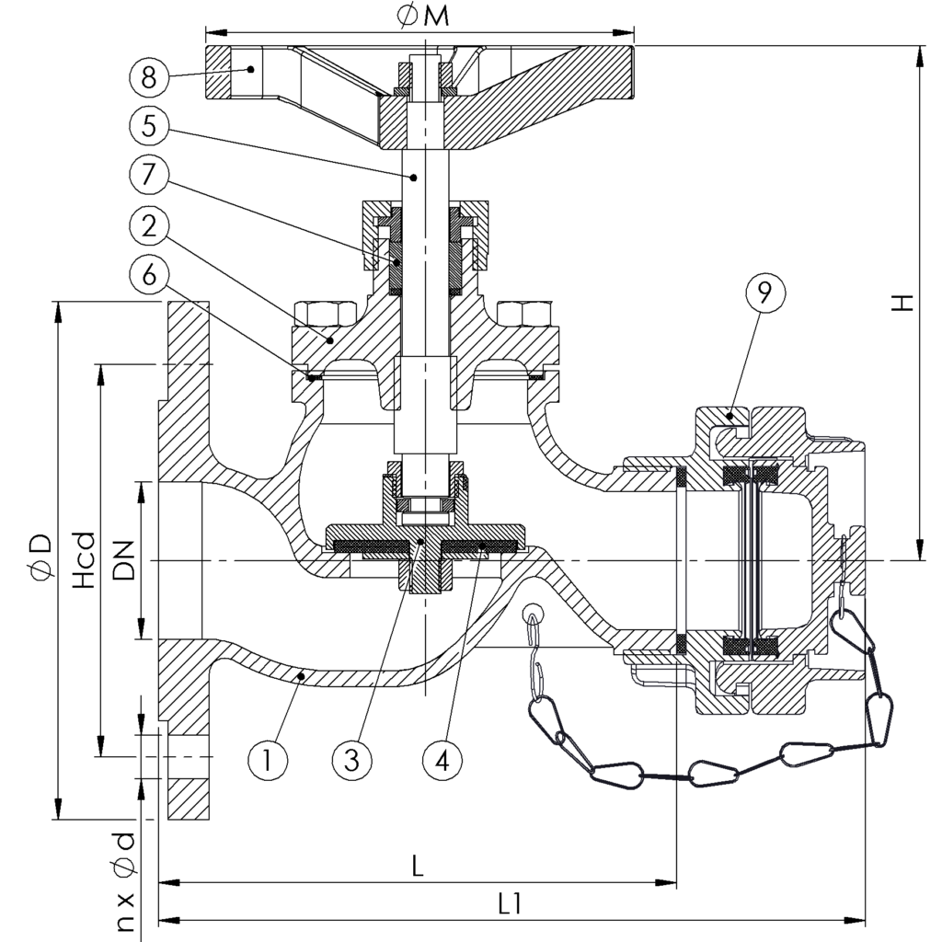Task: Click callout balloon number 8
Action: pos(150,76)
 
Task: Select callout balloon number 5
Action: pos(150,126)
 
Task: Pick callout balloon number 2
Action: pos(150,224)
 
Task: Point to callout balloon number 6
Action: pos(150,273)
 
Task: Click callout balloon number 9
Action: pos(765,293)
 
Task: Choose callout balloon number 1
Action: pos(268,759)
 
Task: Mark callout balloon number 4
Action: pos(442,759)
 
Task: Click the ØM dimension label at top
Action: pos(424,17)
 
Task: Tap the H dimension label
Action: pos(905,303)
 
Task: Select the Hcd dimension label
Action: pos(84,560)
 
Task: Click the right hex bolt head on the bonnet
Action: pos(522,314)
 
